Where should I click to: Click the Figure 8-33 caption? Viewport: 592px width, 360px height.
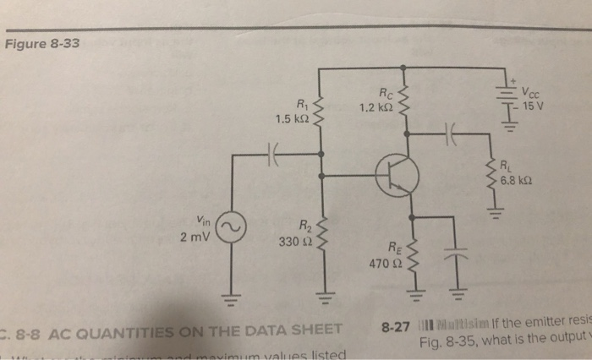point(42,43)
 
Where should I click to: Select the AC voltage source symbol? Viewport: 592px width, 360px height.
point(231,226)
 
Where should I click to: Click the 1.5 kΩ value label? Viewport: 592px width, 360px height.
point(290,118)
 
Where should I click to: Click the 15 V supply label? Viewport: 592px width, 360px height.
point(534,107)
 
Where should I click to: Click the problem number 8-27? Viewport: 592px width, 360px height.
point(397,325)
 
